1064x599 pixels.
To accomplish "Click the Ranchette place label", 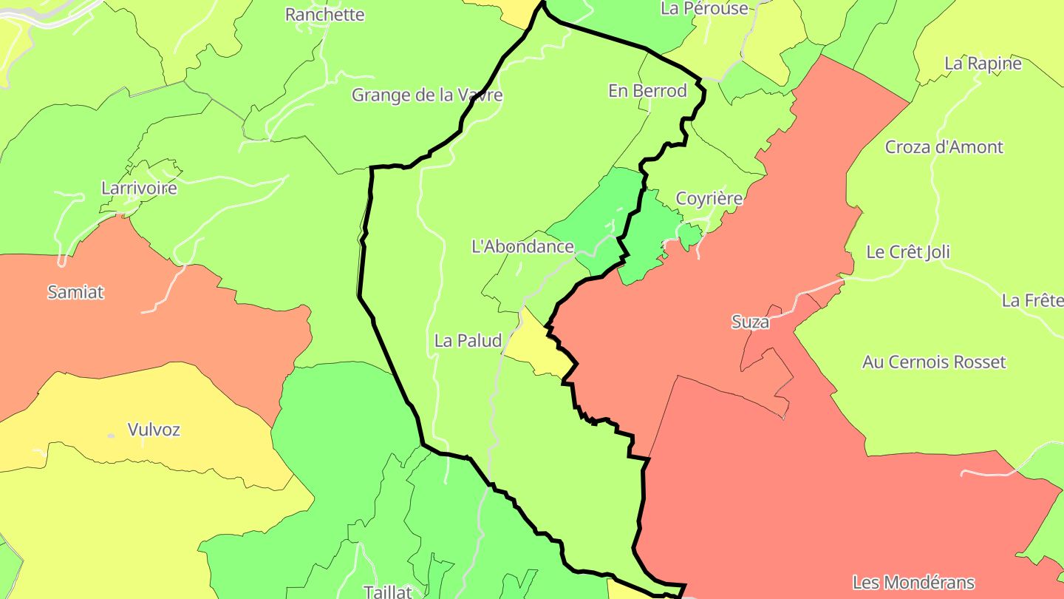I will coord(325,15).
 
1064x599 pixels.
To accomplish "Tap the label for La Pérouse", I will coord(704,8).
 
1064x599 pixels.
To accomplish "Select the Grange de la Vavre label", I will coord(427,95).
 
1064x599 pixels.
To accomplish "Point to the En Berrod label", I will coord(647,91).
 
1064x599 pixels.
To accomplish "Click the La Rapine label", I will coord(983,64).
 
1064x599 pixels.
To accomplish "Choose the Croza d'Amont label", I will coord(944,147).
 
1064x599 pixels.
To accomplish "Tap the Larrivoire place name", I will coord(139,188).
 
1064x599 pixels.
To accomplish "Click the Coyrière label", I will coord(709,199).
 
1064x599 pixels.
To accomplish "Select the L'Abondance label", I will coord(522,247).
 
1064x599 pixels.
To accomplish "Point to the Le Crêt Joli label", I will coord(908,252).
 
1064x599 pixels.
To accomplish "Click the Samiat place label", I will coord(75,292).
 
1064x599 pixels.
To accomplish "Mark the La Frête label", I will coord(1032,300).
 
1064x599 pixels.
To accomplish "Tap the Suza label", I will coord(750,322).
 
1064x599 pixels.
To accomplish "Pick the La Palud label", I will coord(468,341).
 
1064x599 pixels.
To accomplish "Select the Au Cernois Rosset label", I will coord(934,362).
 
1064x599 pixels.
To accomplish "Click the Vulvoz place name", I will coord(154,430).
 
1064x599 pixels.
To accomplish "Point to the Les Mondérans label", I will coord(913,583).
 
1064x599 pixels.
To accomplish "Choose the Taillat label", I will coord(387,592).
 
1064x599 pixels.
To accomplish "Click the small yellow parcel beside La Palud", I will coord(538,348).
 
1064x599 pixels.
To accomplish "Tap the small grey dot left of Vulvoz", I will coord(111,436).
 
